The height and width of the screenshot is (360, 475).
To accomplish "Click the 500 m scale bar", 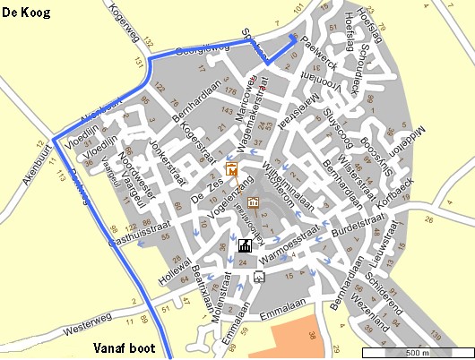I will [x=416, y=352].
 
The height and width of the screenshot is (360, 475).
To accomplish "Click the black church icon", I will [x=244, y=245].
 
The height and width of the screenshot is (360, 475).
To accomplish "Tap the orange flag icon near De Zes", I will [x=231, y=168].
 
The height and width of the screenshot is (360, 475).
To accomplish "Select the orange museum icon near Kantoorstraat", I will [x=253, y=201].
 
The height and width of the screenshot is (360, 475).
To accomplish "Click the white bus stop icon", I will [x=259, y=277].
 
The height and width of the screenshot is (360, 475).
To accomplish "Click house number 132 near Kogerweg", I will [x=149, y=43].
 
